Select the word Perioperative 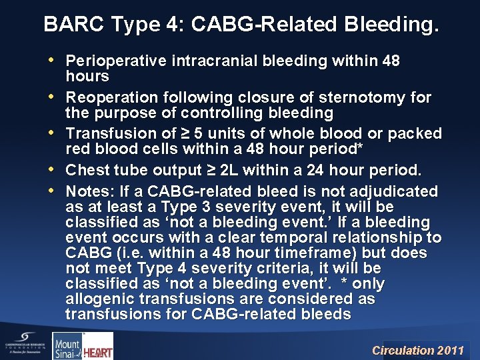point(117,61)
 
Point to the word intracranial point(211,61)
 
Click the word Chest point(88,169)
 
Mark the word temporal point(279,237)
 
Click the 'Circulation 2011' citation point(417,349)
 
